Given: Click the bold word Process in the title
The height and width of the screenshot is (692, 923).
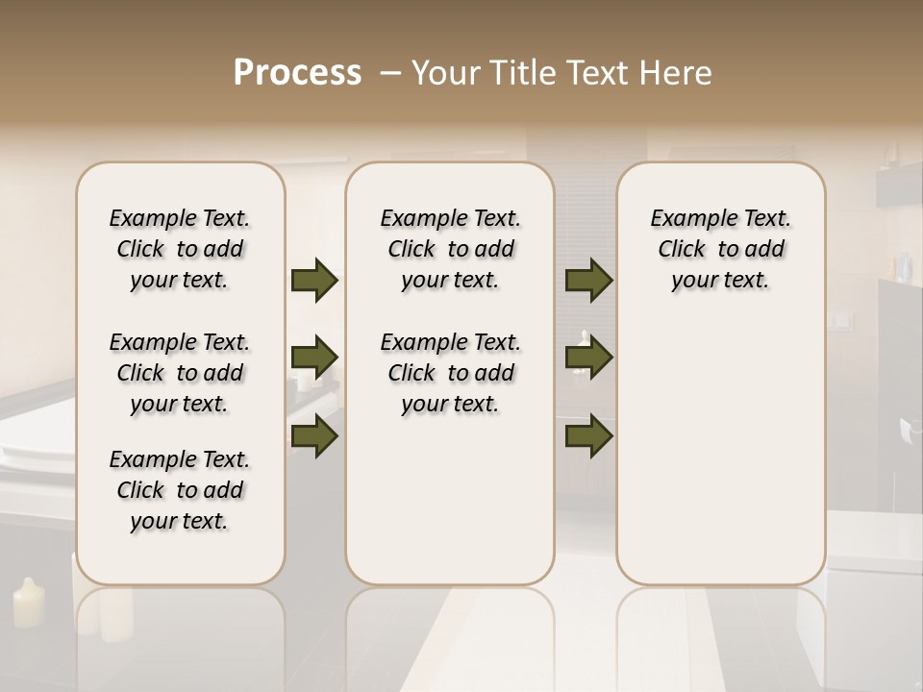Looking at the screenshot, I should tap(297, 73).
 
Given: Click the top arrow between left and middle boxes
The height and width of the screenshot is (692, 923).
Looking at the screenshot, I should tap(314, 281).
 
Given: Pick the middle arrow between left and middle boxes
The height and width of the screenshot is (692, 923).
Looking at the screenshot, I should tap(314, 358).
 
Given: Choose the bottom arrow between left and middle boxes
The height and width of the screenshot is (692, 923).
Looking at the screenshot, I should tap(314, 435).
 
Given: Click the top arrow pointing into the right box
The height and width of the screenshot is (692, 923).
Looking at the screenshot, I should tap(588, 281).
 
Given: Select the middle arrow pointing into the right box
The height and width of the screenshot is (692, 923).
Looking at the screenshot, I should tap(588, 358).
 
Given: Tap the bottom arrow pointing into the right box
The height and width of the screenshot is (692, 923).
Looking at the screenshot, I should tap(588, 435).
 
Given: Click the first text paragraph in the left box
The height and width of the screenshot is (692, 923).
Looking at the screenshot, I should tap(180, 249).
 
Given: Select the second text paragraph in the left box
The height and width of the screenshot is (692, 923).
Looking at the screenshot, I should tap(180, 373).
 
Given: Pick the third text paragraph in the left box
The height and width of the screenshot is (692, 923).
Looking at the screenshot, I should tap(180, 490).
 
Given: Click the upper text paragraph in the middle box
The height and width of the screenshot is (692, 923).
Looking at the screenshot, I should tap(450, 249).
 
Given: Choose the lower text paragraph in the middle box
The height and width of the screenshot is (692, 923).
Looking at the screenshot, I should tap(450, 373).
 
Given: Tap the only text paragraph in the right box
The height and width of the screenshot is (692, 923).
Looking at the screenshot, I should tap(720, 249).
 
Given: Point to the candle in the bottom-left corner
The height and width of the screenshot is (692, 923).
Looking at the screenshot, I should tap(28, 603).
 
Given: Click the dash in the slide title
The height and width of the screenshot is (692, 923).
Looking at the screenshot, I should tap(390, 73).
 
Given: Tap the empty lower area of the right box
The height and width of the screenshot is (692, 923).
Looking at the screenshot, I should tap(720, 461).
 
